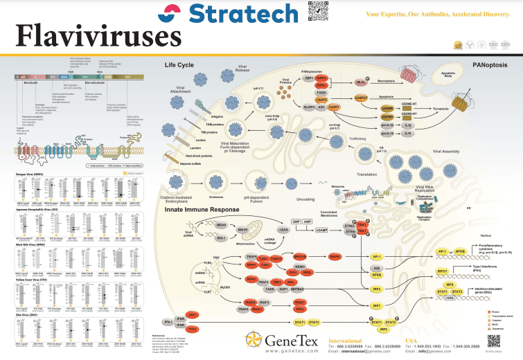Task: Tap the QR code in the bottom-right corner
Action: tap(493, 341)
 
